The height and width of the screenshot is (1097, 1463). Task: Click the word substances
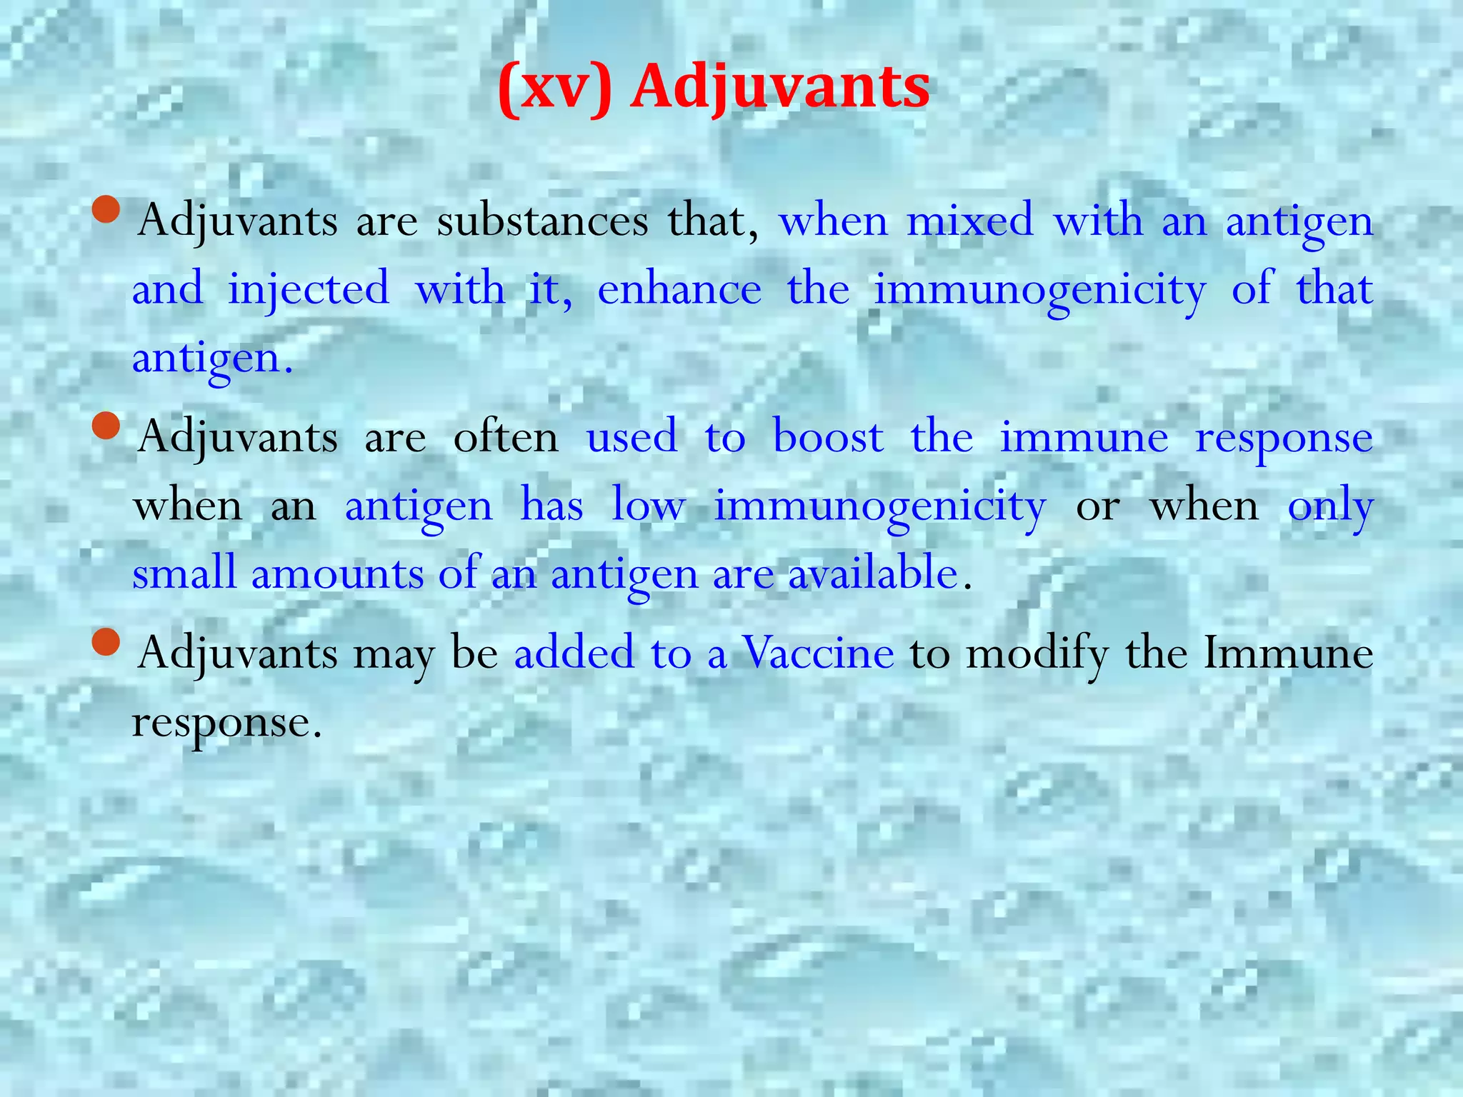coord(542,221)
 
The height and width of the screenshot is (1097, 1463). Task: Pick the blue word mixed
coord(969,221)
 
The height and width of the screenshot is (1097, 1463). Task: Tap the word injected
coord(309,290)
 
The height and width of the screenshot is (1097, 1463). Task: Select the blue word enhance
coord(679,290)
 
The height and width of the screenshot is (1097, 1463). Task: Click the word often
coord(506,437)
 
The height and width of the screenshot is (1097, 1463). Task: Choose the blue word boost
coord(828,437)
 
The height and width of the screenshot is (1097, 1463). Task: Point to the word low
coord(649,506)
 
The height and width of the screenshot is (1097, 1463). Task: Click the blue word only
coord(1330,506)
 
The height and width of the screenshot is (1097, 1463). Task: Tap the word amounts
coord(337,573)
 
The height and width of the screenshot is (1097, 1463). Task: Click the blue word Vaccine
coord(818,653)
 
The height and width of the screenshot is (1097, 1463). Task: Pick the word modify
coord(1037,653)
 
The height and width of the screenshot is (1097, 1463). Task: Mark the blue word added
coord(574,653)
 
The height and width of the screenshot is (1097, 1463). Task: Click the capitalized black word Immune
coord(1288,653)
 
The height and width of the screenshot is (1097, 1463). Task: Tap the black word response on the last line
coord(221,722)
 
